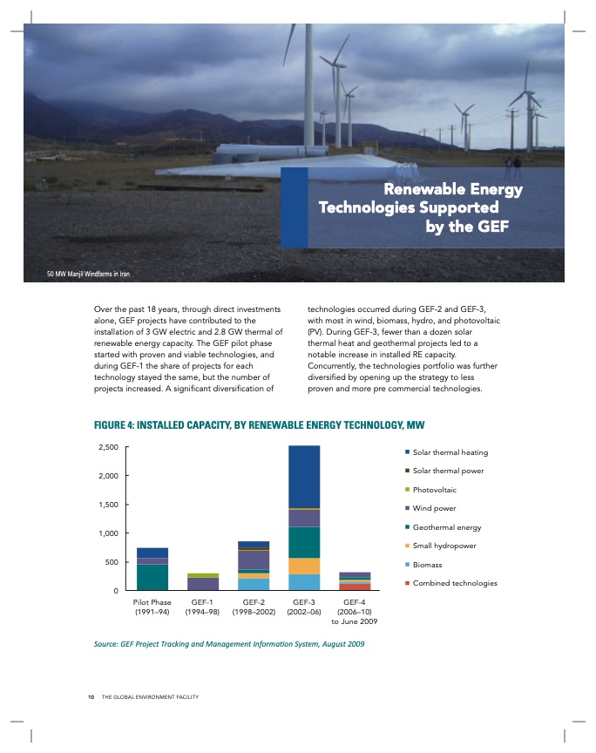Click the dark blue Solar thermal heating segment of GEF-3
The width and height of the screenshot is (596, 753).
tap(304, 476)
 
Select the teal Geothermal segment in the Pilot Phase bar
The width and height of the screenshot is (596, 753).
tap(152, 577)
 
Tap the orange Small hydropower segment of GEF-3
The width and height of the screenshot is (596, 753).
tap(304, 566)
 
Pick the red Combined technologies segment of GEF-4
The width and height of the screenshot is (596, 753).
tap(355, 587)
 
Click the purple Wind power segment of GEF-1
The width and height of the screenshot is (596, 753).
tap(203, 584)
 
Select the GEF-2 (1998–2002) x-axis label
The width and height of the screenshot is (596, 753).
tap(253, 607)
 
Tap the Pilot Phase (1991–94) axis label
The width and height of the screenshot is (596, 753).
tap(152, 607)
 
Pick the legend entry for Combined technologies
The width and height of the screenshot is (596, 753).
tap(454, 582)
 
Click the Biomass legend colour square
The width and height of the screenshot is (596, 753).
tap(406, 564)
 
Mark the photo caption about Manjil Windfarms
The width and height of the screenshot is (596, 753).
tap(88, 274)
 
